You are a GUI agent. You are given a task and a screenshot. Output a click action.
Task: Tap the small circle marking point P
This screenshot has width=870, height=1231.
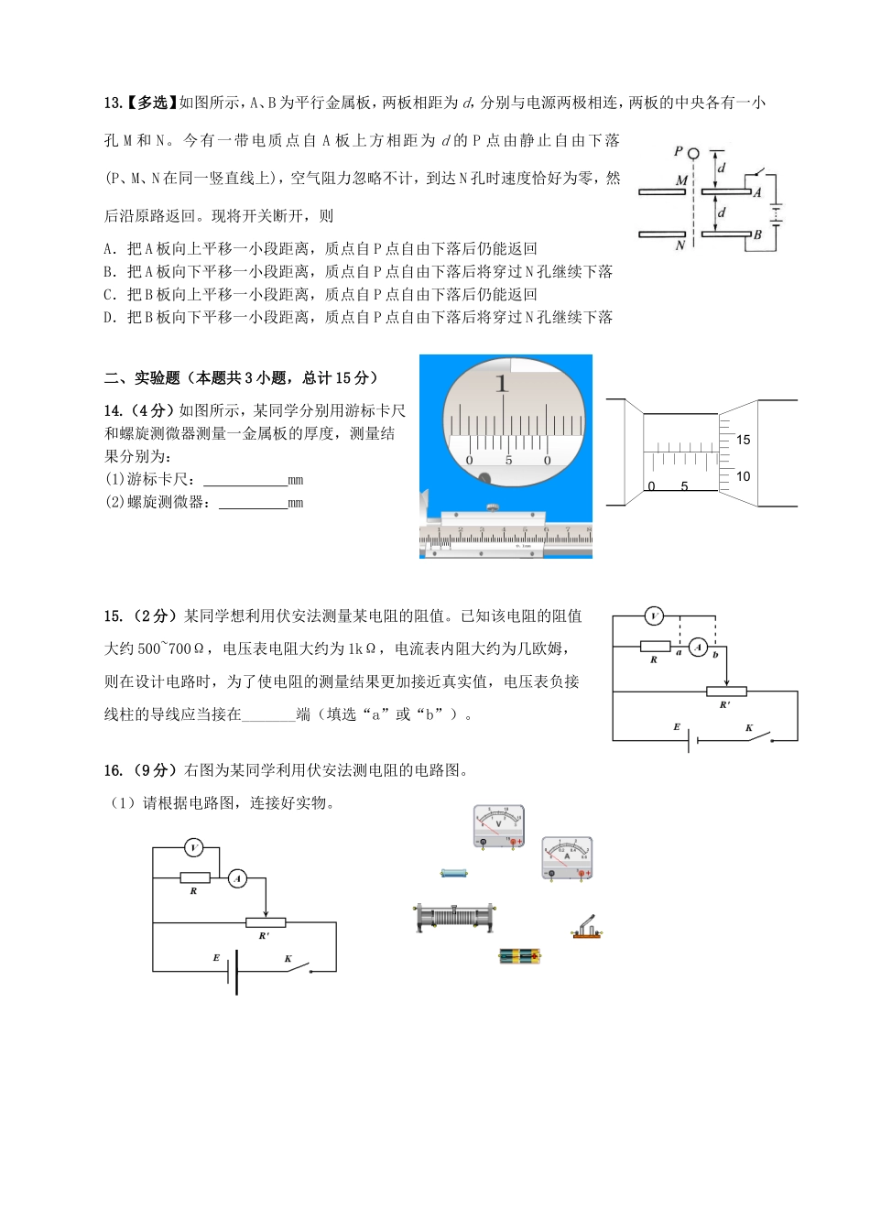[693, 154]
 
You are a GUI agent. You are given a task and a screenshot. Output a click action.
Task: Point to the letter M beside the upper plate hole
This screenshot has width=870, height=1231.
[680, 180]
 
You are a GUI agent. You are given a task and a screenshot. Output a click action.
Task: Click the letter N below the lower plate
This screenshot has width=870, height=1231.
[680, 245]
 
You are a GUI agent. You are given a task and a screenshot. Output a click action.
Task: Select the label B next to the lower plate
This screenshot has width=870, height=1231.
[757, 235]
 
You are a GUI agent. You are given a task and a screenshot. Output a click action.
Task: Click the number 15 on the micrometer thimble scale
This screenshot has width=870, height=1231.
[743, 441]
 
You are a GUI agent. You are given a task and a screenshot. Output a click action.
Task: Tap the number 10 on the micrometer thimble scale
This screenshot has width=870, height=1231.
[743, 476]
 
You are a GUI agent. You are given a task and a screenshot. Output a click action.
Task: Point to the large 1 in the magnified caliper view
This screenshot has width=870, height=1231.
[501, 383]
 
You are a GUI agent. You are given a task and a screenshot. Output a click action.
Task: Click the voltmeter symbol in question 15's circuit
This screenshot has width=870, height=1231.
[653, 616]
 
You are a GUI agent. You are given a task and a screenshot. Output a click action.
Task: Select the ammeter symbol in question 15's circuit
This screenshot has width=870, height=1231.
[698, 648]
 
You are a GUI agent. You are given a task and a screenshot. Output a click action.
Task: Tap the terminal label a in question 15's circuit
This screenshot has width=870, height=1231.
[679, 653]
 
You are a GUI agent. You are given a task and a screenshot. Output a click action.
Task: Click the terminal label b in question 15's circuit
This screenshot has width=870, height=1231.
[715, 655]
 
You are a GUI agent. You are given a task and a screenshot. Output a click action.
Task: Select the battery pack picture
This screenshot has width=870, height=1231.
[519, 956]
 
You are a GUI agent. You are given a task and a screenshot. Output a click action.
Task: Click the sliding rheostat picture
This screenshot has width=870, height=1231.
[454, 917]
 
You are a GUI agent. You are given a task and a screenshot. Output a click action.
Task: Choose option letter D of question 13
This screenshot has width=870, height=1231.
[110, 318]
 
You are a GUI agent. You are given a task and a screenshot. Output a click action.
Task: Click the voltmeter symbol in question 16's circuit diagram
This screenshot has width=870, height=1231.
[193, 848]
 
